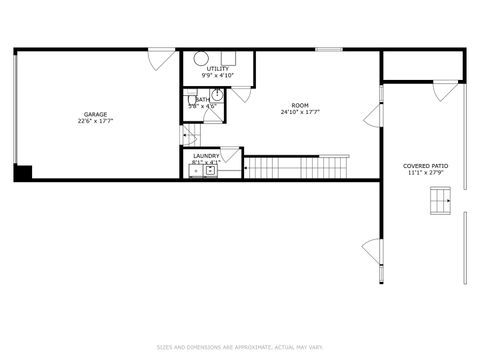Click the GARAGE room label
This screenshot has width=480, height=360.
click(x=96, y=114)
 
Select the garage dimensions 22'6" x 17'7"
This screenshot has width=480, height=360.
click(x=96, y=121)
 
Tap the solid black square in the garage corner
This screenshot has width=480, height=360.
click(x=22, y=173)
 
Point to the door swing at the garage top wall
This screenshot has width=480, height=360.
click(x=159, y=57)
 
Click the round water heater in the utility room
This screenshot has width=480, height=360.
click(x=200, y=59)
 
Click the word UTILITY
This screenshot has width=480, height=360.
click(x=217, y=69)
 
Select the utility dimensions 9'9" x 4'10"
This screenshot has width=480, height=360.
click(x=217, y=76)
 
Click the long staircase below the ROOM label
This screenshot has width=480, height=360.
click(x=297, y=167)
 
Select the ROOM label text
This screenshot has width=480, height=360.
click(x=300, y=105)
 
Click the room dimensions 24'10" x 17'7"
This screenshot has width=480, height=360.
click(x=300, y=112)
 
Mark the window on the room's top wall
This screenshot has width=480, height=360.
click(x=328, y=49)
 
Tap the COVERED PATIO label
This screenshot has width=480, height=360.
click(x=425, y=166)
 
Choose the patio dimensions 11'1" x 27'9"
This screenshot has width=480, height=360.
click(x=425, y=173)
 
